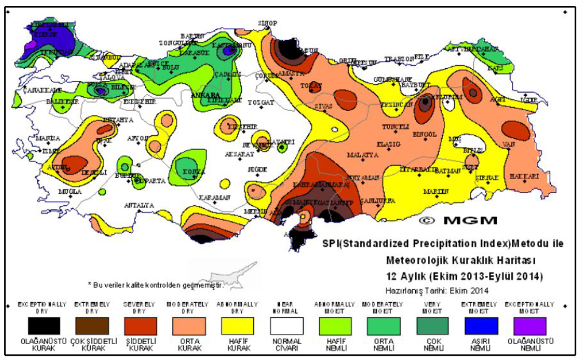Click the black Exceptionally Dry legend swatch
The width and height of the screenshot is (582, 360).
[x=38, y=326]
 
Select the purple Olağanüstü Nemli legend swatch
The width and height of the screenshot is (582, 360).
[x=530, y=326]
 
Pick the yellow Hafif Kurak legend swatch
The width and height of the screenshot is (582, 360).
[x=236, y=326]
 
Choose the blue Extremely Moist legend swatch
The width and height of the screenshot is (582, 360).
[x=481, y=326]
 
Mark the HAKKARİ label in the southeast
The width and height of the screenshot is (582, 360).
[x=524, y=176]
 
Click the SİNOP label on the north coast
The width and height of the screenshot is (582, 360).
[x=267, y=23]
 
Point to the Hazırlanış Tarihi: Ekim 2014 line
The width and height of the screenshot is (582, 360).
[x=436, y=291]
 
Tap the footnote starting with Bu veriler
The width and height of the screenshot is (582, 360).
[x=155, y=284]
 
